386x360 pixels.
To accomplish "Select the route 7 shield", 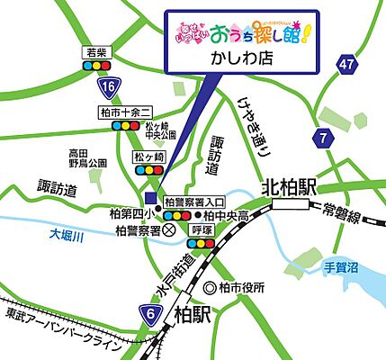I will tap(322, 137).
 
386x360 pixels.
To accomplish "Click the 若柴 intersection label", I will tap(94, 52).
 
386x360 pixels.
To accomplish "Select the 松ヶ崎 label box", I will tap(146, 156).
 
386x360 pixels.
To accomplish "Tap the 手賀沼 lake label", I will tap(339, 267).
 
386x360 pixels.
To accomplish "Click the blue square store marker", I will tap(150, 198).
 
